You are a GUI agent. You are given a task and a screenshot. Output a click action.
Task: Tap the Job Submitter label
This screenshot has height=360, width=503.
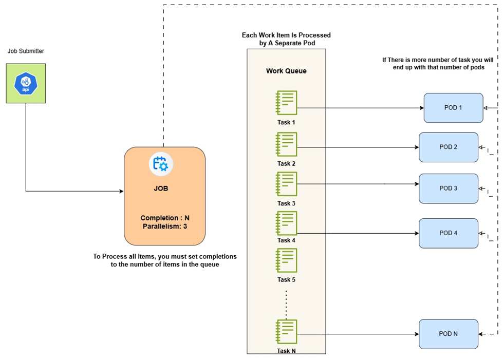26,51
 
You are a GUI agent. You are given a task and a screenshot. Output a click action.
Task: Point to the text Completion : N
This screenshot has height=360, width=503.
165,218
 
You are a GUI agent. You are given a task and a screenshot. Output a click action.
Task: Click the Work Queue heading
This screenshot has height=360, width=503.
286,71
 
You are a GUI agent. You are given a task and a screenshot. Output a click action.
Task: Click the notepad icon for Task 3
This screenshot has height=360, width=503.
286,184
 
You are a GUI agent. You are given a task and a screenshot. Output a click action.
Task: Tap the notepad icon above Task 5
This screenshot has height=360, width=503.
286,260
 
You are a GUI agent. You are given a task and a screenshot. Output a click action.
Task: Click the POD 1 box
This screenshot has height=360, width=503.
453,108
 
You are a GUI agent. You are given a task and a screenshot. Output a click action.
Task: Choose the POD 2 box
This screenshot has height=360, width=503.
448,147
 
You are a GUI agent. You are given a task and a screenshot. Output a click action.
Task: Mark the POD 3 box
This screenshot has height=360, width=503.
448,188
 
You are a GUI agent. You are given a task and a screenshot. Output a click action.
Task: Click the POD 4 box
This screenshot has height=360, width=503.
448,233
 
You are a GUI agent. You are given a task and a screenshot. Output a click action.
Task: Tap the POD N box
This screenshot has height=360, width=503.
448,334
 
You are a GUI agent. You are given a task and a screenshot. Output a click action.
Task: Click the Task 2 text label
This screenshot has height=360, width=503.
286,164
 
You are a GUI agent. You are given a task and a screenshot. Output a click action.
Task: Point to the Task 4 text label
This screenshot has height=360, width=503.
286,240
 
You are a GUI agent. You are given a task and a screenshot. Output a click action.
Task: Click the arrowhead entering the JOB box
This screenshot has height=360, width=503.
121,192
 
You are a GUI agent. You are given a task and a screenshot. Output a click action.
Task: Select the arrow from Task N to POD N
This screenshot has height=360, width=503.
360,334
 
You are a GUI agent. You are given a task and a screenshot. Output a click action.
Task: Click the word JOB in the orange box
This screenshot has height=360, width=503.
161,188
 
